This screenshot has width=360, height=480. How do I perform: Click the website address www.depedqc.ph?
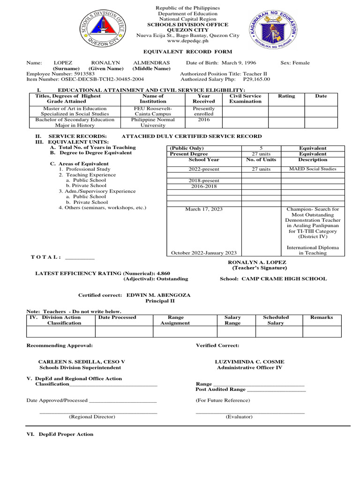pos(187,41)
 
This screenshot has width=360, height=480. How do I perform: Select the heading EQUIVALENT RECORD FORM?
pos(187,52)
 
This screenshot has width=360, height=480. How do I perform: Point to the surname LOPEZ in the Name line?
pos(63,63)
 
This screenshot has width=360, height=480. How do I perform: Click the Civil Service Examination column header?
pos(245,98)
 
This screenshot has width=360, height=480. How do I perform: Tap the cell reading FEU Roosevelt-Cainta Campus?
pos(153,111)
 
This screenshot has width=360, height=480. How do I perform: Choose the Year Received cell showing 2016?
pos(204,120)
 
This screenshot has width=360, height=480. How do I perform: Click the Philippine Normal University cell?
pos(153,122)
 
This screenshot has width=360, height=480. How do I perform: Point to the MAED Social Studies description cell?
pos(312,169)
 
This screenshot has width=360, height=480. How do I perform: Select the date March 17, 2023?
pos(204,209)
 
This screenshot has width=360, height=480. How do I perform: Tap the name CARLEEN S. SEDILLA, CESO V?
pos(81,362)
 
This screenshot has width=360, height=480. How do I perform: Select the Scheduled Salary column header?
pos(276,320)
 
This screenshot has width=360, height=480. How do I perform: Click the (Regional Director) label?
pos(92,417)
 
